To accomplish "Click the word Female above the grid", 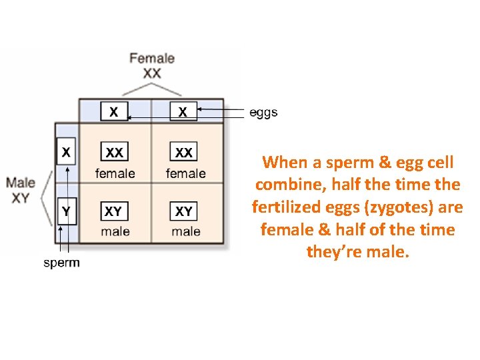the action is point(152,58).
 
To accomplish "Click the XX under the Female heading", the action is point(152,72).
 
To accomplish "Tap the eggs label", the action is point(263,113).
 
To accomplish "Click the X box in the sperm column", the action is point(66,152).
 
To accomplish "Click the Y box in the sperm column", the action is point(66,211).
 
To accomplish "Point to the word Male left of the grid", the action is point(21,181).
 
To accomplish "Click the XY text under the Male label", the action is point(20,197).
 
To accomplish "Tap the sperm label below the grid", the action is point(61,263).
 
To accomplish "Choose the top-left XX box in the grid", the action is point(114,153).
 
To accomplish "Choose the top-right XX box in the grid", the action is point(184,153).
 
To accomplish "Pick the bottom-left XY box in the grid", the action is point(114,211).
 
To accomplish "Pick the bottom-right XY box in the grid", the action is point(184,211).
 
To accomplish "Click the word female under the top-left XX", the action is point(115,173).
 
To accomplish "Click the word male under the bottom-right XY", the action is point(185,231).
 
